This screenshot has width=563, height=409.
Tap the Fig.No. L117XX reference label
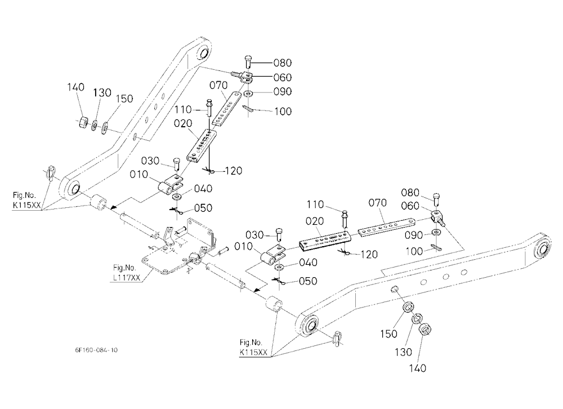point(125,273)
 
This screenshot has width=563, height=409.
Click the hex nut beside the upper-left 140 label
point(82,122)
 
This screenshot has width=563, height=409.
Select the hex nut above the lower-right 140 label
point(425,329)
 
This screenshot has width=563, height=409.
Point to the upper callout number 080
point(282,63)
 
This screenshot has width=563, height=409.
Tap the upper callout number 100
point(283,112)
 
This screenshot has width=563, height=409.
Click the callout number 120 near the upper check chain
point(234,171)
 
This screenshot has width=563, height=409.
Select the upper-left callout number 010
point(138,175)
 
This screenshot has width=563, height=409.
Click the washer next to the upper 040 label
point(177,197)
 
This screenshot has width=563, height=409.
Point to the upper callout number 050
point(203,208)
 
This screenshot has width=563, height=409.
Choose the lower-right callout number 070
point(377,203)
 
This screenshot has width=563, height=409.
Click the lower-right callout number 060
point(410,206)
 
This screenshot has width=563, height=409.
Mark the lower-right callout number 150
point(389,334)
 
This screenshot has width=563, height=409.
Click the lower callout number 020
point(315,221)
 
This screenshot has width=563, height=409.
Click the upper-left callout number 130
point(102,93)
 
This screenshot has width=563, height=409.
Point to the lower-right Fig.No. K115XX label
point(253,347)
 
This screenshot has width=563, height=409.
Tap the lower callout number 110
point(316,204)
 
